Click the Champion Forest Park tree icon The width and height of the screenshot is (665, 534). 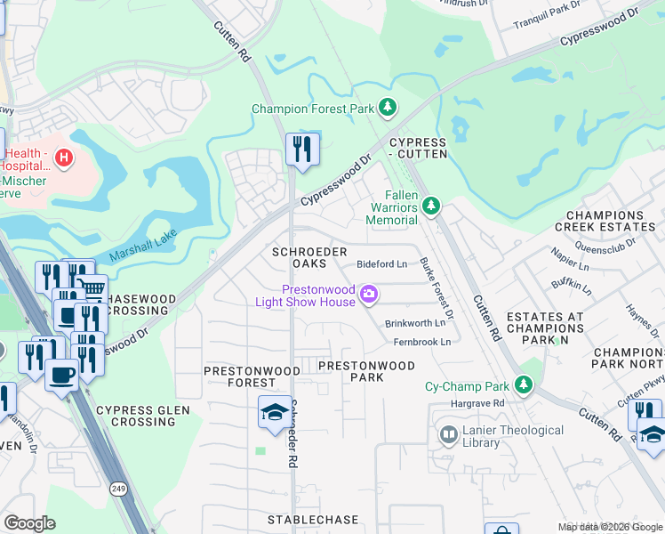coord(387,109)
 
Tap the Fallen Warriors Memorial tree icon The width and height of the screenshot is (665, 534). coord(430,206)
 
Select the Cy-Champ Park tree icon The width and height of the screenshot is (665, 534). coord(525,384)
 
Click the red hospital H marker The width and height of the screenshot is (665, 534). coord(63,159)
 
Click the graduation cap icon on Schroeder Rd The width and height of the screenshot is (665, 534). coord(275,411)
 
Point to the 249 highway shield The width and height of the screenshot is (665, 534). coord(117,488)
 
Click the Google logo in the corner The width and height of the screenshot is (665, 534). coord(29,523)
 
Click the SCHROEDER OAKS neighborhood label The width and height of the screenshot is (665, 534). coord(309,259)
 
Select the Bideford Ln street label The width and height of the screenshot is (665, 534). coord(381,264)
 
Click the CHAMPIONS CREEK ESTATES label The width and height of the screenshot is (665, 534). coord(610,222)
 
